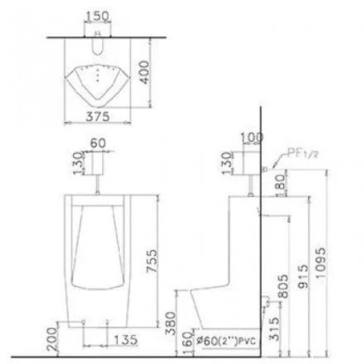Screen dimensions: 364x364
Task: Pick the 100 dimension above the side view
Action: pyautogui.click(x=250, y=136)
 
